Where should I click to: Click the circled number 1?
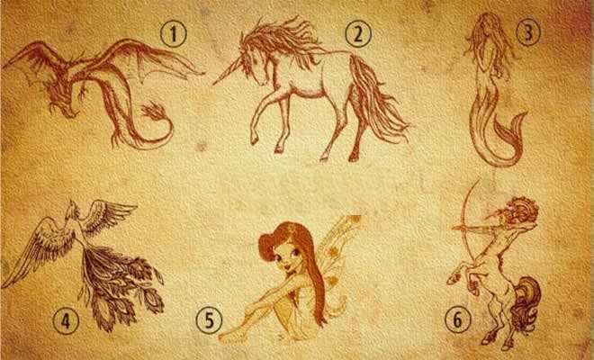click(174, 34)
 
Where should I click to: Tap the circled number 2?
click(358, 34)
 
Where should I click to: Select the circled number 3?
click(527, 32)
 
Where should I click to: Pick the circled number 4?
click(66, 321)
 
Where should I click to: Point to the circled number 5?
click(210, 320)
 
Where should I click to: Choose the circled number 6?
click(457, 319)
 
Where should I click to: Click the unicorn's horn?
click(228, 72)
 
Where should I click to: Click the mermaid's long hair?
click(489, 41)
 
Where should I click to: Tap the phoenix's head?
click(73, 211)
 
